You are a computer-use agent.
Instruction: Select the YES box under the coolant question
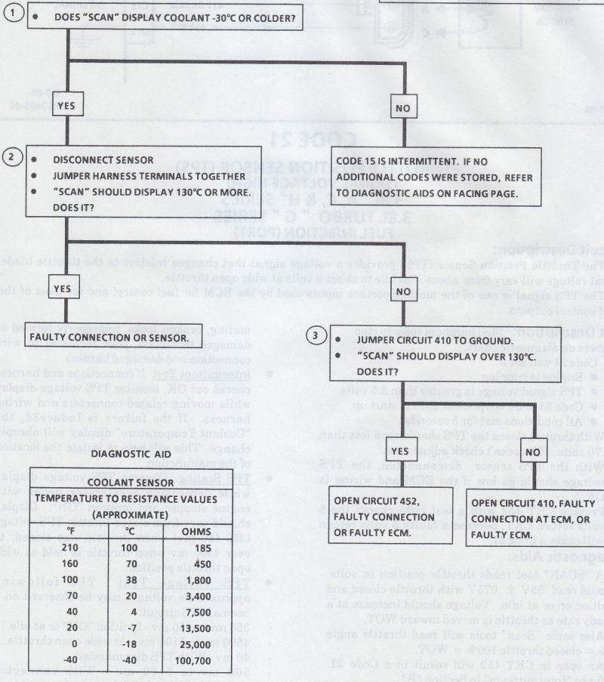(67, 106)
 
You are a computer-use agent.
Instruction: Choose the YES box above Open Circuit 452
(402, 450)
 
